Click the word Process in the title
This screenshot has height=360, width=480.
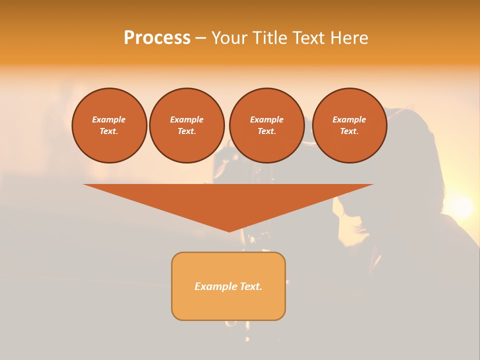[x=157, y=38]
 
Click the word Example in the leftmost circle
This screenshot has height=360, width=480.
[x=109, y=119]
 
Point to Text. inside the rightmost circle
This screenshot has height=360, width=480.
[x=349, y=131]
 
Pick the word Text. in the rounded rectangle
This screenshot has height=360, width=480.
[x=251, y=286]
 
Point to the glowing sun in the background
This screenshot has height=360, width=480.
[x=461, y=206]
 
